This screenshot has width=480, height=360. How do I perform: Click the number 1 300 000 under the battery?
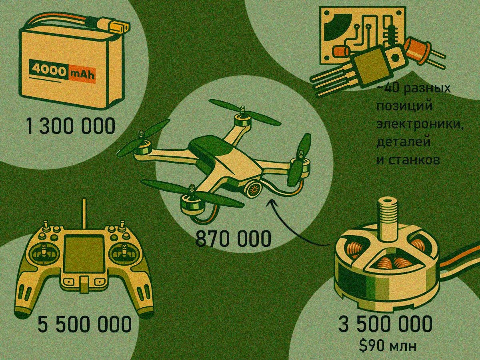(x=70, y=126)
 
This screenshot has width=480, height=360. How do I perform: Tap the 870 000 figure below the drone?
(x=233, y=239)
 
